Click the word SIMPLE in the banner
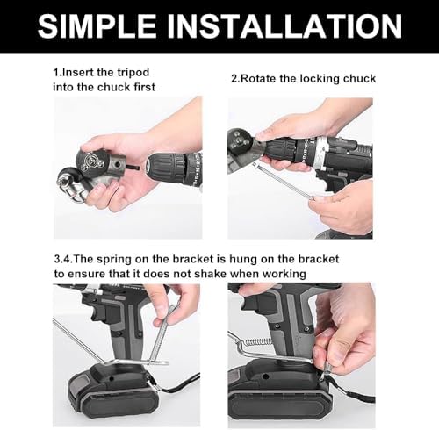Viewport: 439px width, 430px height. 97,26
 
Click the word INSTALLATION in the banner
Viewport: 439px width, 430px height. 284,26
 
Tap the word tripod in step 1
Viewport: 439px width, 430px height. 133,73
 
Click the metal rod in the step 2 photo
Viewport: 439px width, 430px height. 284,182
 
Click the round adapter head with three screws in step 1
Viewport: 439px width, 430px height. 89,161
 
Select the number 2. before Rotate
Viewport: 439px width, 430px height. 235,79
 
